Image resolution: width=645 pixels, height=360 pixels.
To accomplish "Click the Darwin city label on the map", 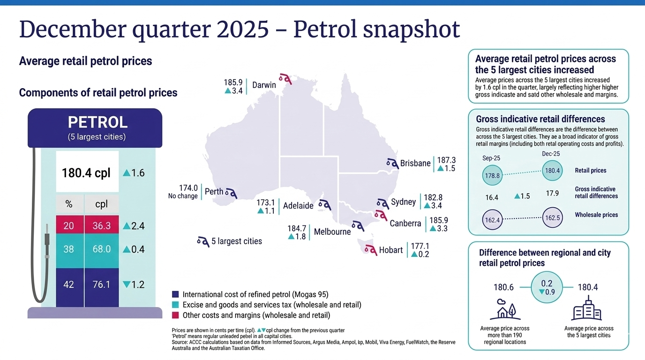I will point(264,85).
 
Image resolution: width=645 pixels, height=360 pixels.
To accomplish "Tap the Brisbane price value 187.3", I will point(446,160).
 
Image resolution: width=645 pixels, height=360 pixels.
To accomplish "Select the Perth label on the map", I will point(214,192).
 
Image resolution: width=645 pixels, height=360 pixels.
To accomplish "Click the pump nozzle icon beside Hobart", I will point(370,249).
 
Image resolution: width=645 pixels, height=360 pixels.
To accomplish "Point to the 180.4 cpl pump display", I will point(87,173).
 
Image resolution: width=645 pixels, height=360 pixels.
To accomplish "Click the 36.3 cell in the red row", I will point(101,226).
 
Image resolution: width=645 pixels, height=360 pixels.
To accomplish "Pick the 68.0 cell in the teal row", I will point(101,249).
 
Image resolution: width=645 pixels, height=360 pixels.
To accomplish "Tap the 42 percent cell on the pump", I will point(68,284).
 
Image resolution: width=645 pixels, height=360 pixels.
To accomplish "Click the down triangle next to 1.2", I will point(126,284).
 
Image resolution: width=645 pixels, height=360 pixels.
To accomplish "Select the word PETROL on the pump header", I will point(97,122).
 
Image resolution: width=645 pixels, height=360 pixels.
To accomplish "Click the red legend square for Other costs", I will point(175,315).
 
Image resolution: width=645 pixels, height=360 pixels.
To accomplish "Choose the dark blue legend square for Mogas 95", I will point(175,295).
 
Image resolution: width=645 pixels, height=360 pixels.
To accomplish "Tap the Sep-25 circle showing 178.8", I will point(492,176).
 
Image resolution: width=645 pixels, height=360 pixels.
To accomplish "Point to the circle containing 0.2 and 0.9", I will point(547,287).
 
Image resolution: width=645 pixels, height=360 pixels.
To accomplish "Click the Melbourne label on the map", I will point(332,232).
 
